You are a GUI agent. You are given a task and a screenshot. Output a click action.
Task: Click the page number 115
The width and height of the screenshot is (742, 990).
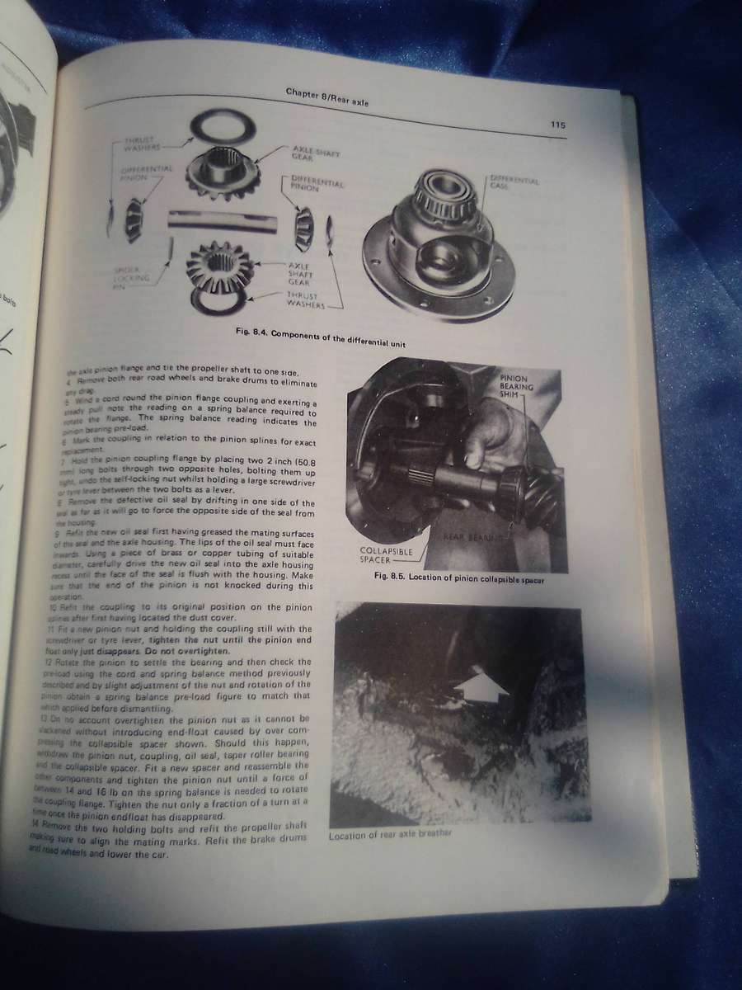click(557, 125)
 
